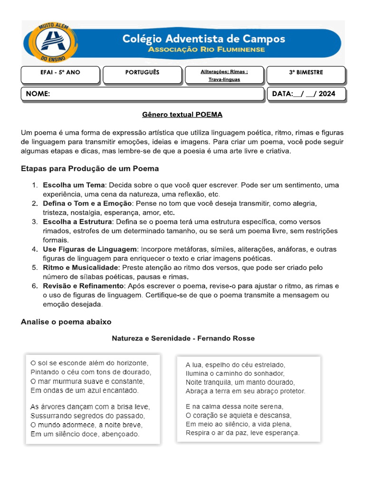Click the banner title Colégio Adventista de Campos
click(203, 39)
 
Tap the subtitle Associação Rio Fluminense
click(206, 49)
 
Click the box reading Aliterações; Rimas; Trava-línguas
click(224, 75)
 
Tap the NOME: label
click(38, 94)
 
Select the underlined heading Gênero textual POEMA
click(182, 115)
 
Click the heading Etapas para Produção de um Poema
click(90, 169)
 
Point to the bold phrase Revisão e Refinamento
click(83, 286)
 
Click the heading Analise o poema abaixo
click(66, 322)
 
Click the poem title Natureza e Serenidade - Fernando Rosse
click(183, 339)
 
